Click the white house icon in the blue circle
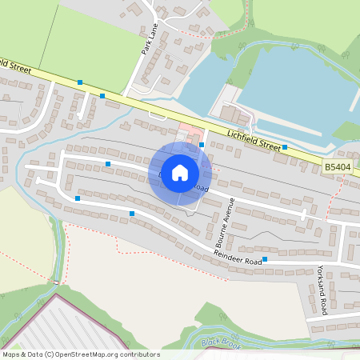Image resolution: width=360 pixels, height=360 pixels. coord(180,173)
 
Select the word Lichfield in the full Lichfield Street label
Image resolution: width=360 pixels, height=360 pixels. coord(242,138)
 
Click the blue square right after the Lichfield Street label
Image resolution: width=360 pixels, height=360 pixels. coord(285,148)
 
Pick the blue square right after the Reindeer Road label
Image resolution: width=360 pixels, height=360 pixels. coord(265,259)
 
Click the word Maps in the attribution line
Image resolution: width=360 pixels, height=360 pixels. coord(12,354)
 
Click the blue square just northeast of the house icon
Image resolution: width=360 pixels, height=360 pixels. coord(202,145)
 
